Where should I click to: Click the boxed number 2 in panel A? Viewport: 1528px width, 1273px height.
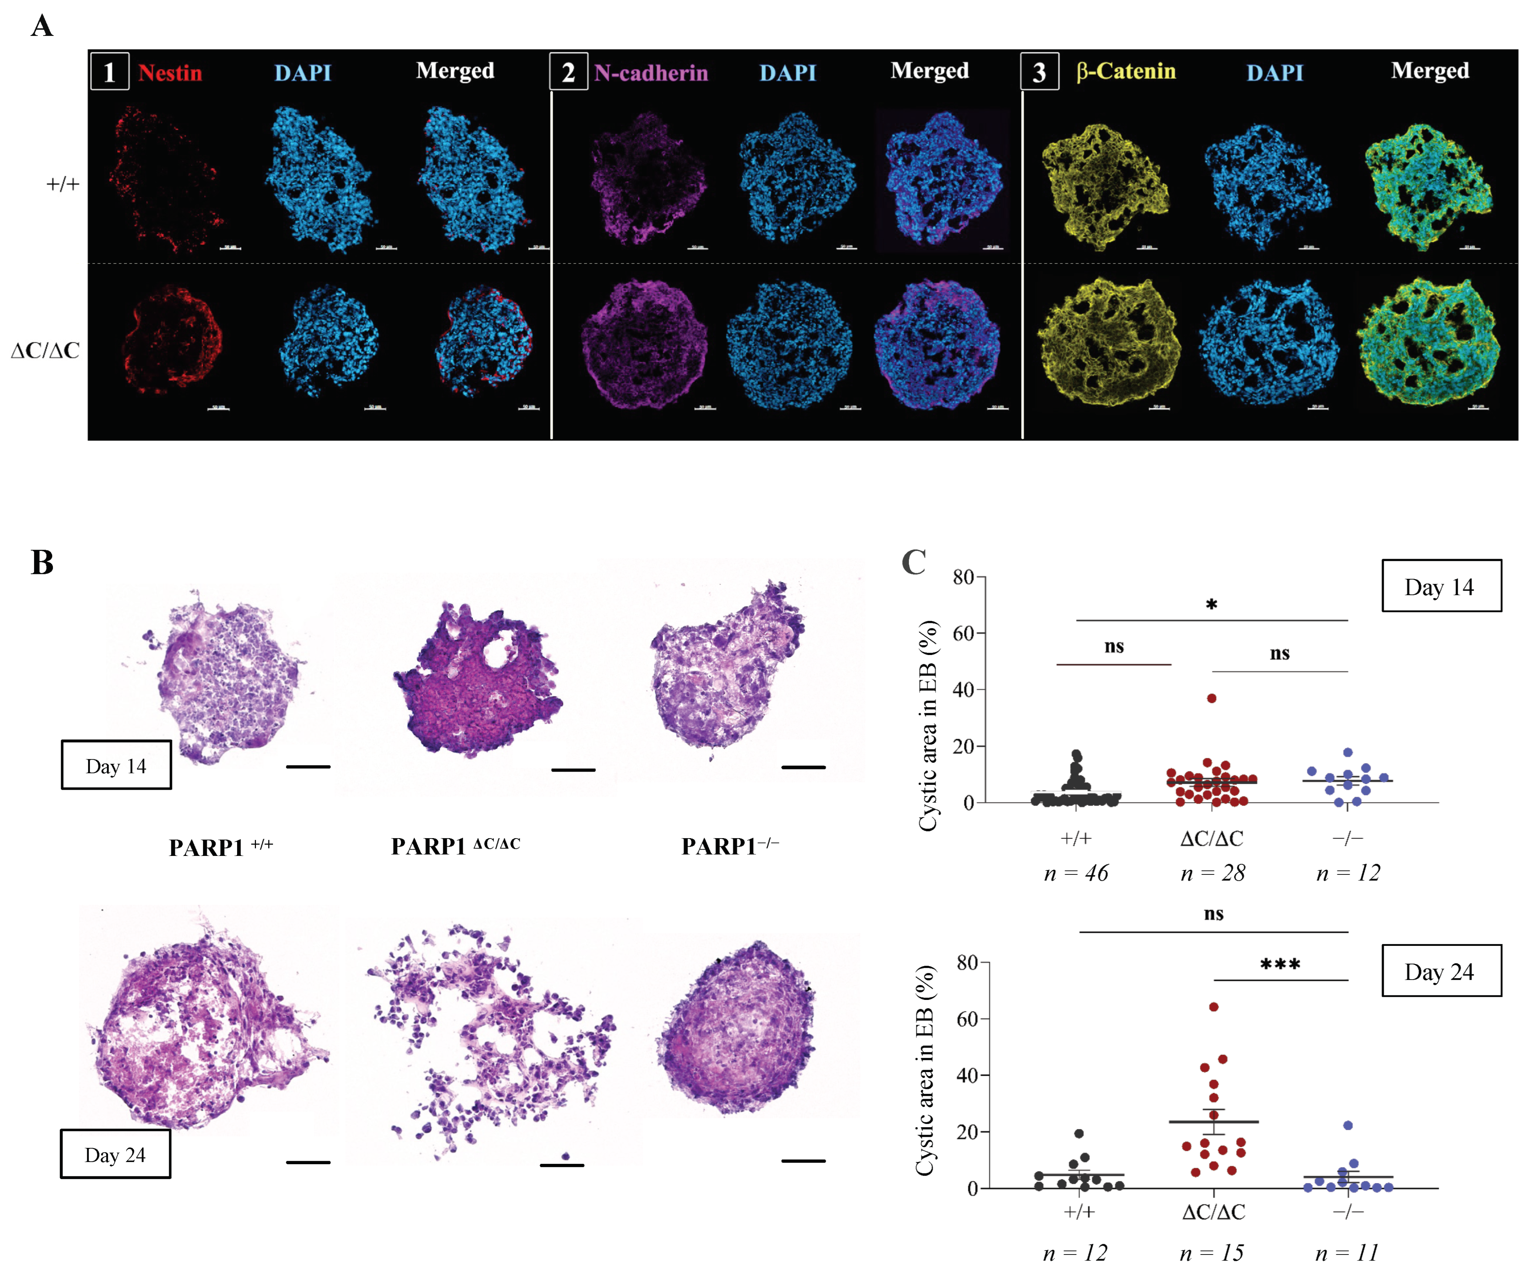[x=568, y=72]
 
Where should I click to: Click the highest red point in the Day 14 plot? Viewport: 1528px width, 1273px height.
[x=1211, y=698]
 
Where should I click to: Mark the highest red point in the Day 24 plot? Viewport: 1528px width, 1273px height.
[x=1214, y=1007]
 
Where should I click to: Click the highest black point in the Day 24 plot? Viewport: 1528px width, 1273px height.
[x=1079, y=1133]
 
